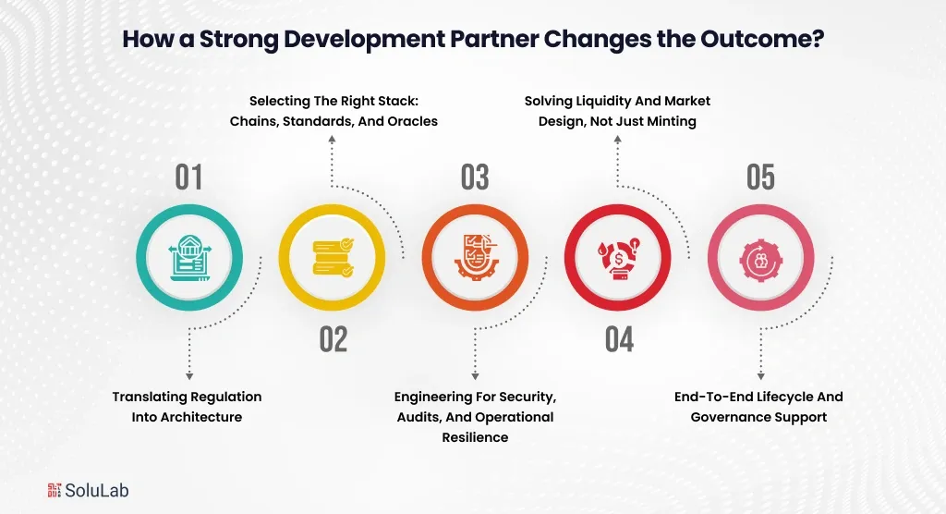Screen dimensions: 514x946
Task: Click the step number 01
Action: (x=188, y=177)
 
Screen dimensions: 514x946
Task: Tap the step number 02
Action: (x=334, y=339)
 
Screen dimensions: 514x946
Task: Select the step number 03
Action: (x=475, y=177)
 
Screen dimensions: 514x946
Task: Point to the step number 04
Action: (x=619, y=339)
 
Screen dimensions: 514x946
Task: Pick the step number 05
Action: (x=760, y=177)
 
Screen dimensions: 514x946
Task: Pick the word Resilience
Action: (x=475, y=436)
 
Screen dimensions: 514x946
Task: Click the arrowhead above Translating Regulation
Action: (x=189, y=375)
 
